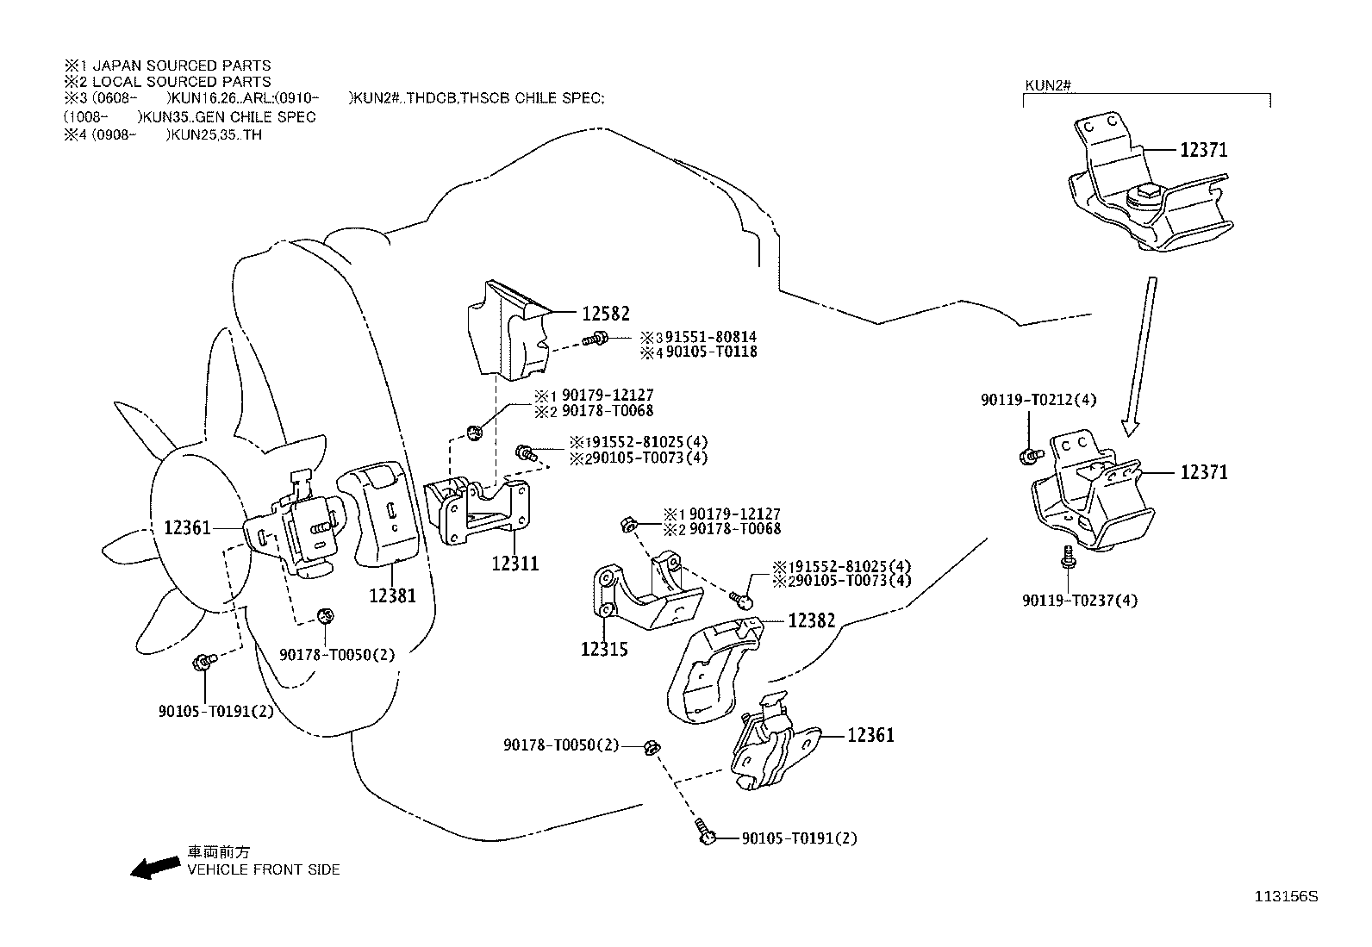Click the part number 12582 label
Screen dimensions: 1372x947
click(x=605, y=314)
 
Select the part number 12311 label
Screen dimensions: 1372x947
click(x=515, y=564)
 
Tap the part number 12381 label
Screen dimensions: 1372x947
click(x=392, y=595)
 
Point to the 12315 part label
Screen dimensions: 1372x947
click(x=604, y=650)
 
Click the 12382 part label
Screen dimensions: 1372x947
click(x=812, y=620)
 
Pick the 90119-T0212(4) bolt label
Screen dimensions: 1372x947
click(x=1038, y=400)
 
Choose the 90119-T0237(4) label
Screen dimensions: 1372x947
click(x=1080, y=601)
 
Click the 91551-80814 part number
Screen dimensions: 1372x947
click(x=711, y=337)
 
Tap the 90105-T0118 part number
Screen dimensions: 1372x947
click(x=712, y=352)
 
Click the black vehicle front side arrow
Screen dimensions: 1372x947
click(x=156, y=868)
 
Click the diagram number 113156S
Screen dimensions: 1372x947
click(x=1286, y=897)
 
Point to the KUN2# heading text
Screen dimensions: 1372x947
click(x=1048, y=85)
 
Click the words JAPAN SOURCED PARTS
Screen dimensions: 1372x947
click(x=181, y=65)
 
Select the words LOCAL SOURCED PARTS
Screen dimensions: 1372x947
click(x=181, y=82)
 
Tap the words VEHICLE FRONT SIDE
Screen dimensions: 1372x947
click(x=264, y=869)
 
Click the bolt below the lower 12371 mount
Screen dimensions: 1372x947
click(x=1068, y=557)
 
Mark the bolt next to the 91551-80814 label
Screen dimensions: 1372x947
click(x=596, y=338)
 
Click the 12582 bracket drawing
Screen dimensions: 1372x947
click(x=508, y=329)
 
